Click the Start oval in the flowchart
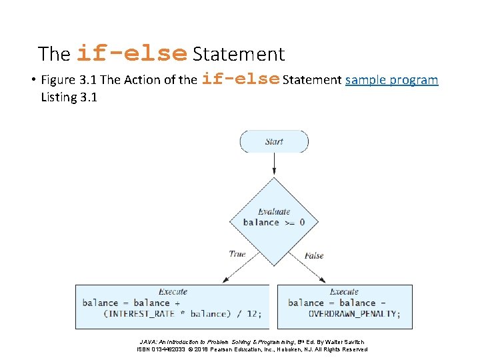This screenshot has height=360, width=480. pyautogui.click(x=274, y=141)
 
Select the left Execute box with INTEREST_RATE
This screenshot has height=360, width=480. pyautogui.click(x=172, y=307)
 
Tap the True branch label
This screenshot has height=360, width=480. pyautogui.click(x=237, y=253)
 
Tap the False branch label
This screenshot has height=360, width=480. pyautogui.click(x=314, y=255)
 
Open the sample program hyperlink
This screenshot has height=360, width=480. pyautogui.click(x=391, y=80)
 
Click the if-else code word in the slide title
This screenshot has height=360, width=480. pyautogui.click(x=132, y=53)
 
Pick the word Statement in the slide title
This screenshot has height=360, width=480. pyautogui.click(x=238, y=54)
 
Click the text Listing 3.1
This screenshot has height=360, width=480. pyautogui.click(x=69, y=97)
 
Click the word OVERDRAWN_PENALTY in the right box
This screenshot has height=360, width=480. pyautogui.click(x=353, y=313)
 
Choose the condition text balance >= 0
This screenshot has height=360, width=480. pyautogui.click(x=273, y=222)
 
